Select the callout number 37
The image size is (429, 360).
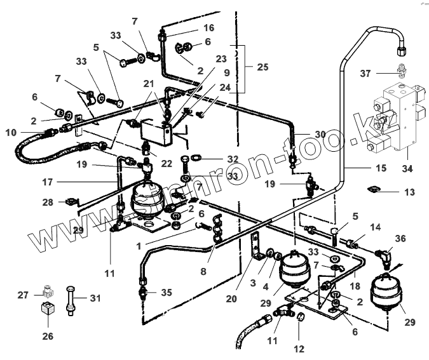coord(366,74)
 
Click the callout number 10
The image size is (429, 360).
coord(11,132)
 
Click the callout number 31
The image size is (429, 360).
coord(95,297)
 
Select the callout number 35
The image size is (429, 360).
coord(167,293)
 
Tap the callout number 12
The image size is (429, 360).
coord(299,349)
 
